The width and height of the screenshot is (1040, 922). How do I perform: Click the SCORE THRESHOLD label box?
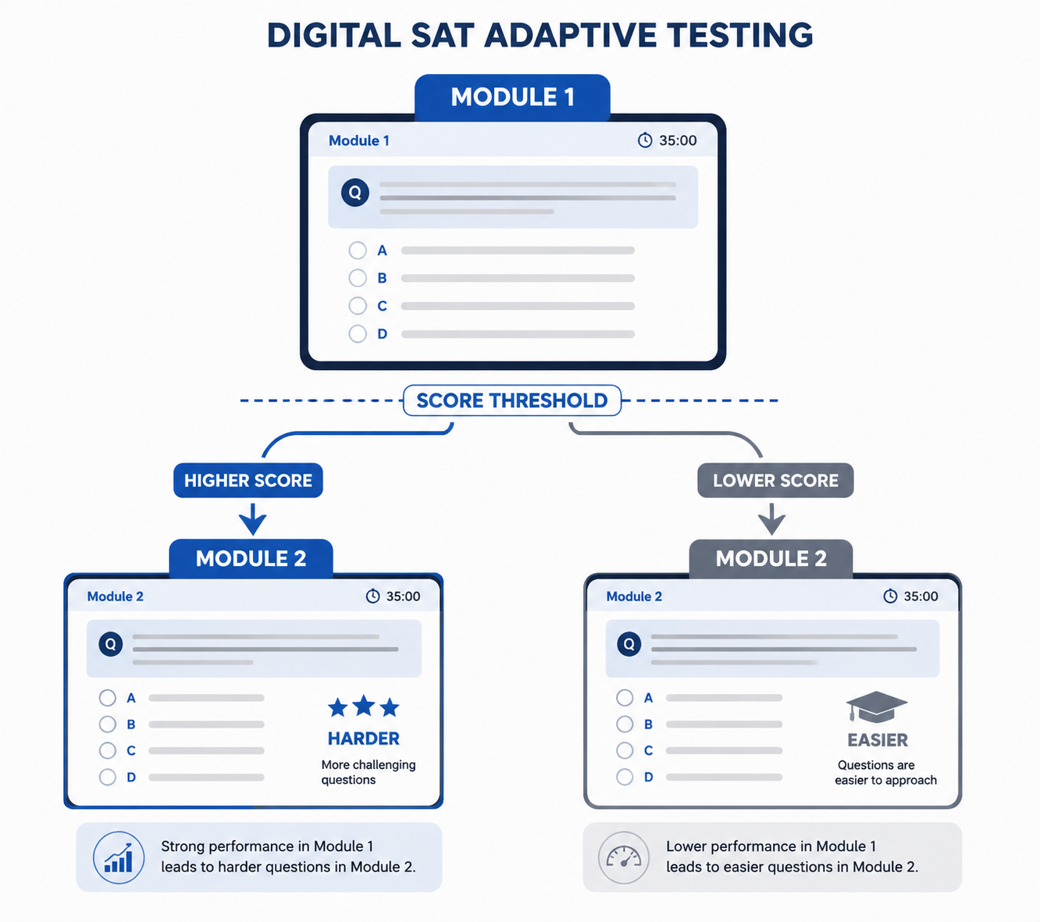(x=511, y=400)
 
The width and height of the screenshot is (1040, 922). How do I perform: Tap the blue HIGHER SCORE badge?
(x=248, y=480)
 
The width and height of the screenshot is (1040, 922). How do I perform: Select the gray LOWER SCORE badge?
(x=775, y=480)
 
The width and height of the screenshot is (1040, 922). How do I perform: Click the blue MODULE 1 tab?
(x=512, y=97)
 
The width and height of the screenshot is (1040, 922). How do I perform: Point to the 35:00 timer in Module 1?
(x=667, y=141)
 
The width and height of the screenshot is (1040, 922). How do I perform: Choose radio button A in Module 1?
(x=358, y=251)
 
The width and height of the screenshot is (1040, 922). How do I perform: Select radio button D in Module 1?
(x=358, y=333)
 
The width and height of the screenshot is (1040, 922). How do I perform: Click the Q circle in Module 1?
(x=354, y=193)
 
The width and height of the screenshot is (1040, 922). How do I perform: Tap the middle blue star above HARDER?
(x=363, y=706)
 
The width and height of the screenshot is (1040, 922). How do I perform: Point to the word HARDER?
(x=363, y=739)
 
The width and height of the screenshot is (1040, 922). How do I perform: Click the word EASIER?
(x=878, y=740)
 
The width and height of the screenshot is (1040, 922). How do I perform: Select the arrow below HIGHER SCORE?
(x=252, y=519)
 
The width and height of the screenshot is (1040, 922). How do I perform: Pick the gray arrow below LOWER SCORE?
(x=771, y=519)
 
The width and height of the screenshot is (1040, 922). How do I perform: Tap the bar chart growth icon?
(x=119, y=857)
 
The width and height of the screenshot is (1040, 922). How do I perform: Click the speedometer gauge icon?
(x=624, y=857)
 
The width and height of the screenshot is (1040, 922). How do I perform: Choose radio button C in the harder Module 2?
(x=107, y=750)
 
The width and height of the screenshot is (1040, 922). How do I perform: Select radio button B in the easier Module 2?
(x=625, y=724)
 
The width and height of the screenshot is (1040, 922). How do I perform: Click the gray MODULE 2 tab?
(x=771, y=558)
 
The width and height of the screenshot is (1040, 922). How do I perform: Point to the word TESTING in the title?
(x=740, y=35)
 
